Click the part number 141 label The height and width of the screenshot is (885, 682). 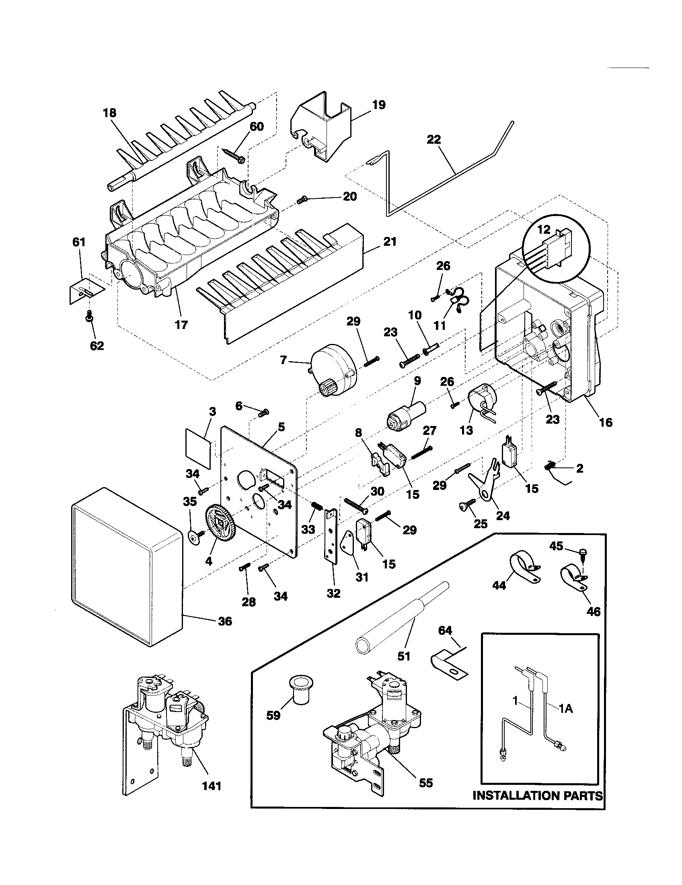pos(212,786)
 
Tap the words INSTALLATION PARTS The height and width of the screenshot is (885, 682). pos(538,795)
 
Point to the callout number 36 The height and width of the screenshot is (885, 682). pos(225,621)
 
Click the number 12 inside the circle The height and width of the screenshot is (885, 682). pos(544,230)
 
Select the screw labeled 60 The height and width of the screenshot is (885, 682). pos(233,156)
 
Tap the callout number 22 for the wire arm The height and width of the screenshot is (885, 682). pos(433,140)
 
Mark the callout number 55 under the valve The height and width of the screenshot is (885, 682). pos(425,783)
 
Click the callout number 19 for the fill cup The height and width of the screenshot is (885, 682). pos(379,105)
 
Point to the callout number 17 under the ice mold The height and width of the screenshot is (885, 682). pos(181,325)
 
